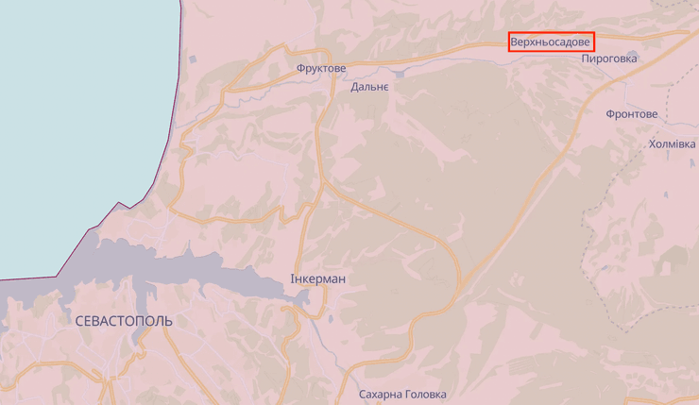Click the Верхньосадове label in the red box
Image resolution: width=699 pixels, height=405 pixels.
coord(551,42)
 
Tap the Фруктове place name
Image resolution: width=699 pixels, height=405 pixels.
coord(320,69)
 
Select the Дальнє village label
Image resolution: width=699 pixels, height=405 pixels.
coord(369,87)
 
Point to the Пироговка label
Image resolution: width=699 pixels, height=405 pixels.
coord(609,59)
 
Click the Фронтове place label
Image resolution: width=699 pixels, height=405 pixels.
coord(632,114)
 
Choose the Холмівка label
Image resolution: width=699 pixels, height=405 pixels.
coord(672,144)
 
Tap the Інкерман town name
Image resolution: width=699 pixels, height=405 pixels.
coord(317,279)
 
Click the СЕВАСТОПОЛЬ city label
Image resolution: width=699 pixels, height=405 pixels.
coord(123,321)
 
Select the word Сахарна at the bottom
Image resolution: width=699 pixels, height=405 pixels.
coord(381,395)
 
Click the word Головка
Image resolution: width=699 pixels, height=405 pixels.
coord(425,395)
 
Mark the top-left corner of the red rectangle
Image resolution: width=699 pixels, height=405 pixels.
coord(509,34)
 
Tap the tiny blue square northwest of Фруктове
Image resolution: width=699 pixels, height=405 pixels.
coord(193,59)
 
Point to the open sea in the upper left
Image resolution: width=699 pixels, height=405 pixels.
coord(76,113)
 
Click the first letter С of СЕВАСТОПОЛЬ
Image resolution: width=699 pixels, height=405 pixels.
coord(77,321)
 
